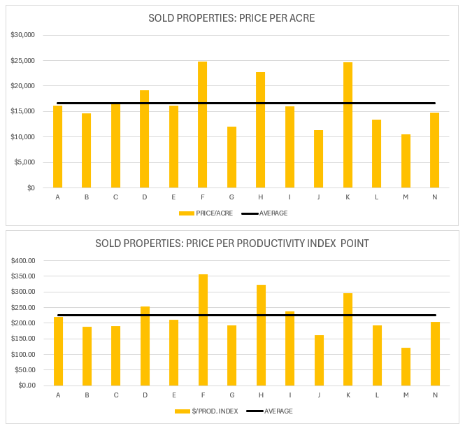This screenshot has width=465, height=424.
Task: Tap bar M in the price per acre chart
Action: [x=406, y=161]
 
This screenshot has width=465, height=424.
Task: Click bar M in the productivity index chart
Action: [x=406, y=367]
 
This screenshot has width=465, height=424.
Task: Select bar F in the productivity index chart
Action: [x=203, y=330]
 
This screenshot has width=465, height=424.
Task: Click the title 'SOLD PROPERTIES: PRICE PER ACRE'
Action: [x=231, y=18]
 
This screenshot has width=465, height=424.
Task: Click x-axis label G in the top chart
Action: [x=231, y=197]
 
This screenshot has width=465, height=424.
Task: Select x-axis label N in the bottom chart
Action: [x=434, y=395]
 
